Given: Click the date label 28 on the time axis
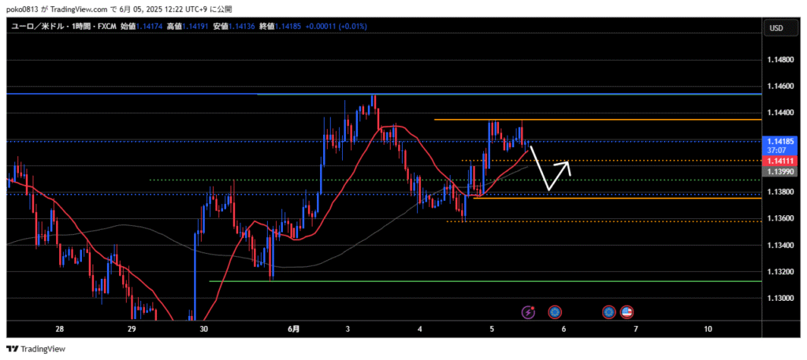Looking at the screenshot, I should click(x=59, y=328).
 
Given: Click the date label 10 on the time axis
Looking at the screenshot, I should click(x=708, y=328).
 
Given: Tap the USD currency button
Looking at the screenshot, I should click(x=775, y=28).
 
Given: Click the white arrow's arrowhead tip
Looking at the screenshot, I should click(x=569, y=162).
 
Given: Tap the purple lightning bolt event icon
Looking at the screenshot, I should click(x=528, y=312).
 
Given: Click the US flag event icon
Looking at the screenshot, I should click(x=627, y=312).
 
